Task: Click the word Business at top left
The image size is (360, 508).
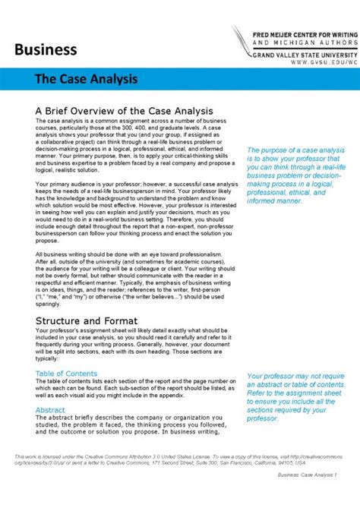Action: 46,50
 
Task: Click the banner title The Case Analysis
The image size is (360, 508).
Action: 84,79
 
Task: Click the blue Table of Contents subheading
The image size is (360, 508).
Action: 67,374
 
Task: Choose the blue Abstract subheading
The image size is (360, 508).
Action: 50,410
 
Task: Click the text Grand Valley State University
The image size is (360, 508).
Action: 303,55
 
